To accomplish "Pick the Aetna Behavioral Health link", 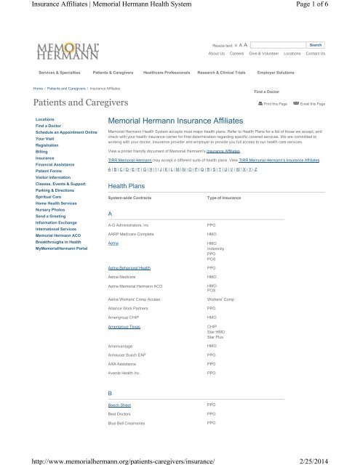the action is point(129,269).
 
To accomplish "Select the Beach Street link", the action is point(119,403).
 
